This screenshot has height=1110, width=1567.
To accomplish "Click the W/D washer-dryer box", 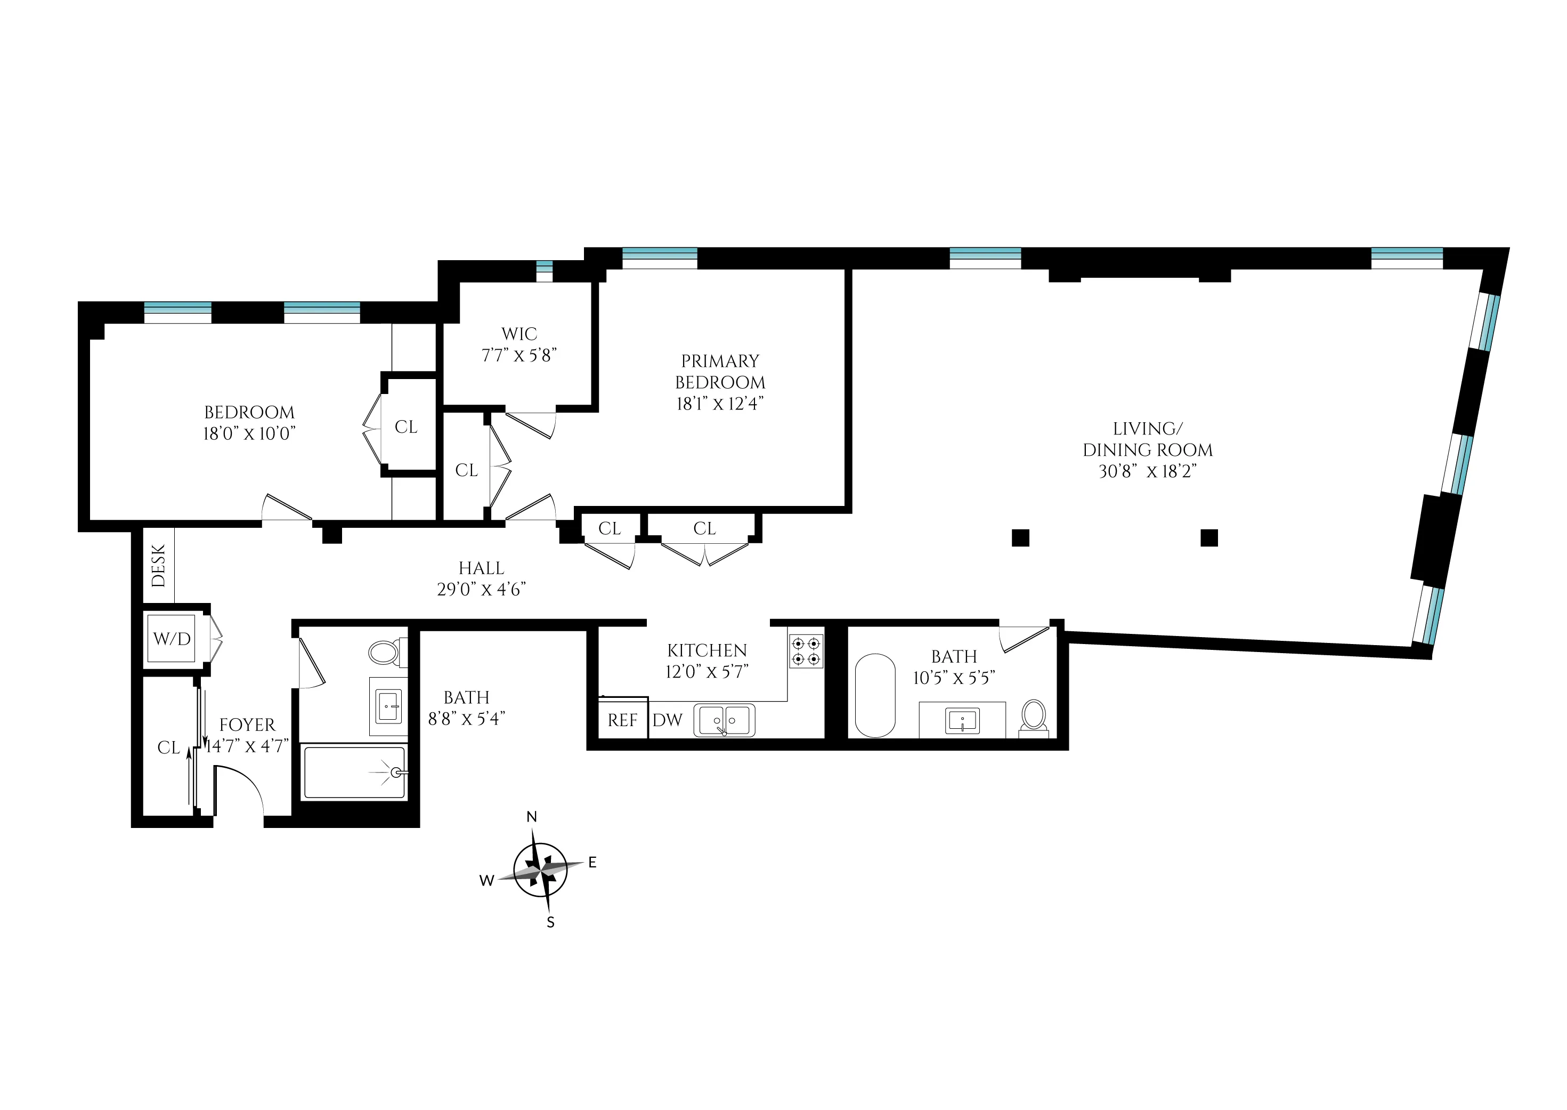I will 172,638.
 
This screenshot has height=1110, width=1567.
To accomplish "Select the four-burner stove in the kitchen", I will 806,651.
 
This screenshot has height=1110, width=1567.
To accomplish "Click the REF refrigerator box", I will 622,720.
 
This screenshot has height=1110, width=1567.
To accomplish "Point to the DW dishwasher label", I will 668,720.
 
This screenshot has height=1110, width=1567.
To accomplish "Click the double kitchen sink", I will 724,720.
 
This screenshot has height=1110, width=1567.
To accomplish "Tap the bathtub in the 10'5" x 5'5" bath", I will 875,696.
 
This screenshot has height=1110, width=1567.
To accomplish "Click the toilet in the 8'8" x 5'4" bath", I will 385,652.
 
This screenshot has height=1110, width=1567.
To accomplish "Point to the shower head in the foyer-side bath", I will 397,773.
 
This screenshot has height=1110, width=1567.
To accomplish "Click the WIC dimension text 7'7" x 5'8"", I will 519,356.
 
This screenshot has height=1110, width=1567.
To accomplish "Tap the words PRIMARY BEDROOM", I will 720,371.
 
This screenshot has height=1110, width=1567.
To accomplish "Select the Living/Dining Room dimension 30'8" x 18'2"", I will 1148,472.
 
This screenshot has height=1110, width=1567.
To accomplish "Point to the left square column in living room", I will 1020,538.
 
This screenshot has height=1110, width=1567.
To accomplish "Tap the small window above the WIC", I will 544,271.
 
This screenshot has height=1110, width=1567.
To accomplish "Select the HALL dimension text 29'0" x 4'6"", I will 481,589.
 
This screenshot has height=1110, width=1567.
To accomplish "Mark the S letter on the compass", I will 550,923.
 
